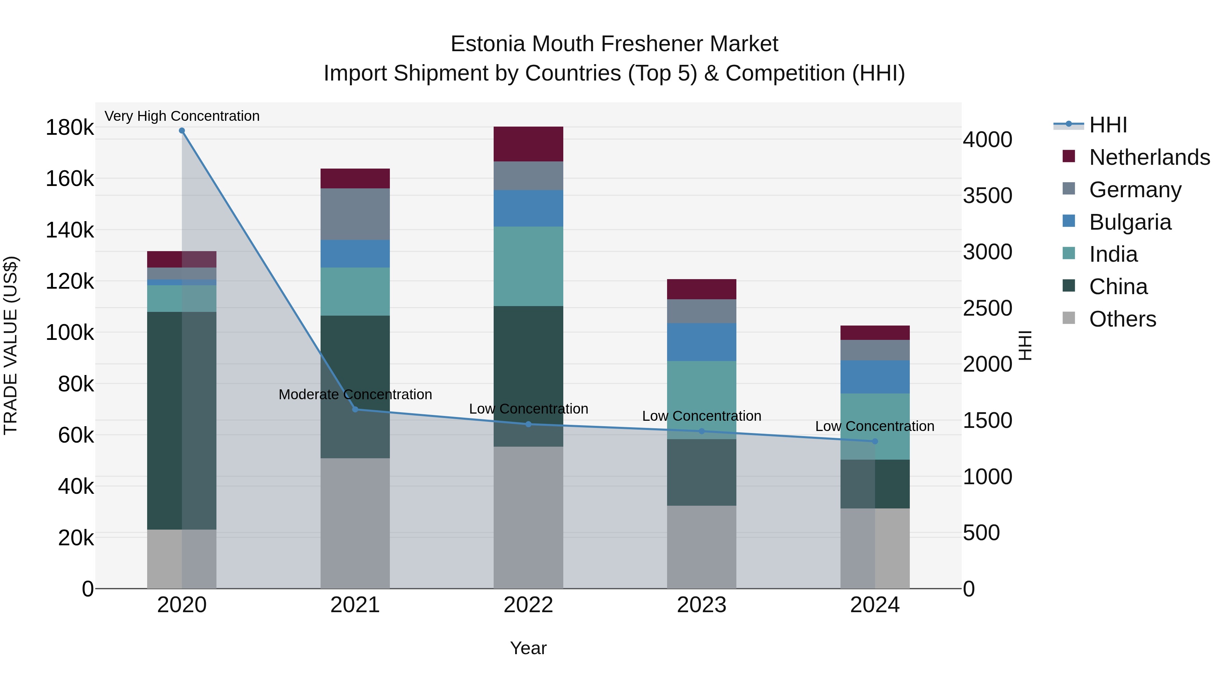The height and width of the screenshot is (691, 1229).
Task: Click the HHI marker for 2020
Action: (x=182, y=131)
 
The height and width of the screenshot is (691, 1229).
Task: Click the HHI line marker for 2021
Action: (x=355, y=409)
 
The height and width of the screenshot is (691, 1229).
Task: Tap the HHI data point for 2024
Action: (x=875, y=442)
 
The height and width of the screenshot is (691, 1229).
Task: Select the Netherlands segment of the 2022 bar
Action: (x=528, y=144)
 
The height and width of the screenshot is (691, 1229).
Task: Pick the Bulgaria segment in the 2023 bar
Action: (x=701, y=342)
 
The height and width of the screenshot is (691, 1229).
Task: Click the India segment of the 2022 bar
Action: (x=528, y=266)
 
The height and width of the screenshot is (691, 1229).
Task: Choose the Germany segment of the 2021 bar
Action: (x=355, y=214)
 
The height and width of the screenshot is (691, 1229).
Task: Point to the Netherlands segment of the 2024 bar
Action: (x=875, y=333)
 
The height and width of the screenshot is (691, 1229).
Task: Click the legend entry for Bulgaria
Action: (x=1130, y=222)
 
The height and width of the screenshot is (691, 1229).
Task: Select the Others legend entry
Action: (x=1122, y=319)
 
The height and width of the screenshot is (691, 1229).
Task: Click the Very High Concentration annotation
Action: (x=182, y=116)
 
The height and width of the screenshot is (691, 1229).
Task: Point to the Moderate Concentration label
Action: (x=355, y=394)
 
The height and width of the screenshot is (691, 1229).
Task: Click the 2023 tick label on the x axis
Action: (x=701, y=605)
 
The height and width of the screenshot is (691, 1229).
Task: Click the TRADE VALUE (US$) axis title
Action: (x=11, y=345)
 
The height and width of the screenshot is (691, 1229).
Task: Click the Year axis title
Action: (x=528, y=648)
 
